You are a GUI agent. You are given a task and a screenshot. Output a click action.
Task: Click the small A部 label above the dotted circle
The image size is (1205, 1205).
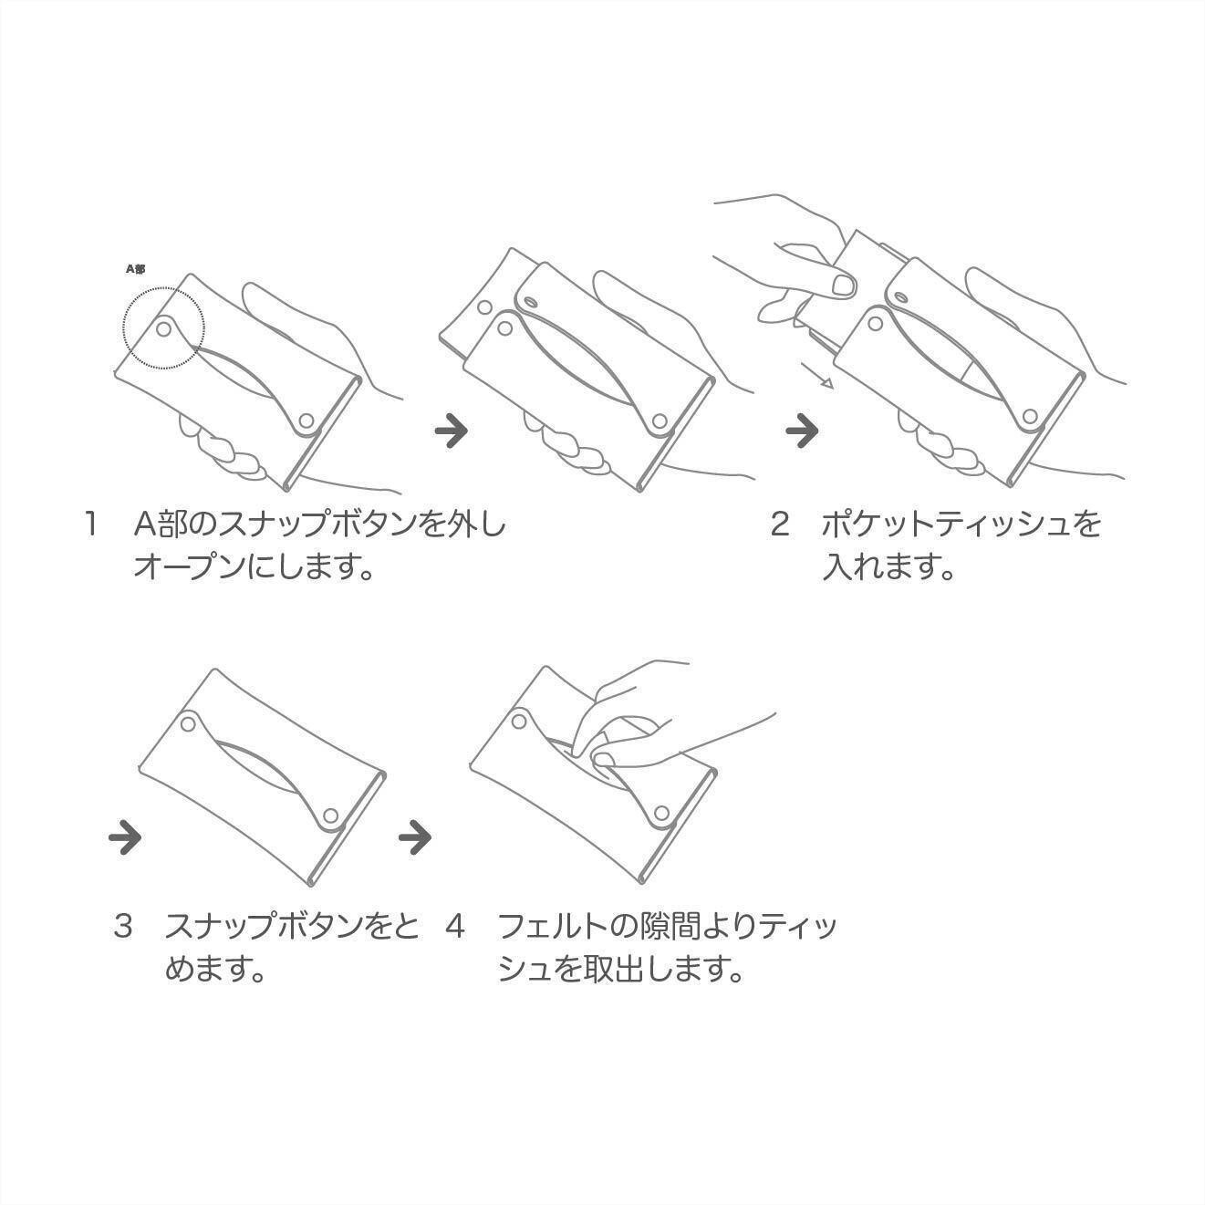(136, 269)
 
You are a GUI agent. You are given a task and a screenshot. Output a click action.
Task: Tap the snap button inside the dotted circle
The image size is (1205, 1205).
(164, 327)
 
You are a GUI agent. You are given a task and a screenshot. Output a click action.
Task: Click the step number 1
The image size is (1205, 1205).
(91, 524)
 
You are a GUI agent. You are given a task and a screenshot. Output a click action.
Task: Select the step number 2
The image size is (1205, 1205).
(780, 524)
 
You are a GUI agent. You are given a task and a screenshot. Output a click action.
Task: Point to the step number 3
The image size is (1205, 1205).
(123, 926)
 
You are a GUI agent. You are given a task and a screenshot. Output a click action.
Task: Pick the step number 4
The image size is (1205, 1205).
(455, 926)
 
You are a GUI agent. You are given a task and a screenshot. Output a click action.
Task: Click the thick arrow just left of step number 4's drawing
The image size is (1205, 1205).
(415, 836)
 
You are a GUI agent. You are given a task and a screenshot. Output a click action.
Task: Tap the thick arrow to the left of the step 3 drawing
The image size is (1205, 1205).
(125, 836)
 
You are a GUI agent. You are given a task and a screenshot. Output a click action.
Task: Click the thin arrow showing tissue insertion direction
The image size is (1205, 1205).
(818, 376)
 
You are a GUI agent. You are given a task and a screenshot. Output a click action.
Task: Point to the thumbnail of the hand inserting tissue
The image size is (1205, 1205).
(845, 286)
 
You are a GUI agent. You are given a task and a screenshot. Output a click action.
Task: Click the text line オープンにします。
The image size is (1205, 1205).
(254, 567)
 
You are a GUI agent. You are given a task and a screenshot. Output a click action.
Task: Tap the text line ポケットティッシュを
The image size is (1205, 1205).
(961, 524)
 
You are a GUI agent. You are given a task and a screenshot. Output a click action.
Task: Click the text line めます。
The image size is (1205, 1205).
(216, 970)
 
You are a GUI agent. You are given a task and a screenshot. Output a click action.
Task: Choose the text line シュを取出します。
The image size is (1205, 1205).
(621, 970)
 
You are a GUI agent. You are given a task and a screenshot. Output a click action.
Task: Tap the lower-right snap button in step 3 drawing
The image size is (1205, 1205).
(331, 815)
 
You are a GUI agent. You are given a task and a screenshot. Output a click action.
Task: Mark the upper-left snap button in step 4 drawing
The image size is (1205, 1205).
(518, 722)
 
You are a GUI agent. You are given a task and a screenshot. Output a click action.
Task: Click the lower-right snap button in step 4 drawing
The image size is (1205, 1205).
(661, 812)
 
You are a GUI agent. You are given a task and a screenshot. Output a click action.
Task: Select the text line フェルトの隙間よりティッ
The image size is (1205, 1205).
(667, 927)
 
